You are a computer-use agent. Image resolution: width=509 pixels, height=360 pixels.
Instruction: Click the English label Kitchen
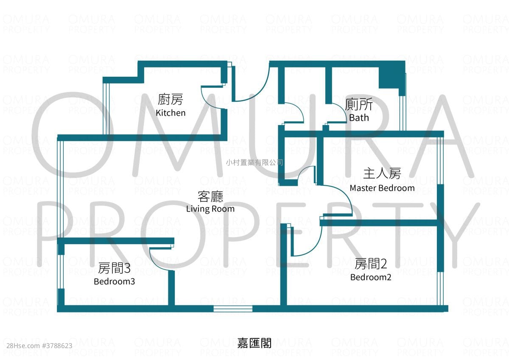pos(171,113)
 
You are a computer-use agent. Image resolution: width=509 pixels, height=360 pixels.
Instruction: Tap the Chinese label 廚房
pos(171,99)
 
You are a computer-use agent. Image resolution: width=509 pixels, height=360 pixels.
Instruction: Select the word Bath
pos(359,117)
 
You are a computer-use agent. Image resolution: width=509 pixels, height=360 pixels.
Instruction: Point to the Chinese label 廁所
pos(359,104)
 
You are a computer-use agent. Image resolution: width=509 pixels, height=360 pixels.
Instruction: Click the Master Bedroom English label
pos(382,188)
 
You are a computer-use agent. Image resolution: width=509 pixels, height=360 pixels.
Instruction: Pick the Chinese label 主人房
pos(382,173)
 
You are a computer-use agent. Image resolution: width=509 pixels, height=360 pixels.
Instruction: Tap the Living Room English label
pos(210,209)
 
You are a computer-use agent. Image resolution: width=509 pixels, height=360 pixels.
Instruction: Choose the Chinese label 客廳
pos(210,197)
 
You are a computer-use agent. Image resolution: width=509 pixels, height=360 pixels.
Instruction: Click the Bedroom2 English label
pos(371,277)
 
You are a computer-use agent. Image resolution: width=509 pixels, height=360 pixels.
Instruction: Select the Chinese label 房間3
pos(114,268)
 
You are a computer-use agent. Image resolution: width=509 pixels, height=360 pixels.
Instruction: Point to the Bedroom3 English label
pos(114,282)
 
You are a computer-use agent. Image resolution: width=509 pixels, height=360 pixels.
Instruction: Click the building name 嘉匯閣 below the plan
pos(254,343)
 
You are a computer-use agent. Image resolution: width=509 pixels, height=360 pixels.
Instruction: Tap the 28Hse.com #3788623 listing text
pos(39,346)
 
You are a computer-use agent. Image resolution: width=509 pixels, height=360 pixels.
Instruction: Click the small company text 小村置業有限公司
pos(255,162)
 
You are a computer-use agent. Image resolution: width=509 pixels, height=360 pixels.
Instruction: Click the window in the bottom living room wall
pos(233,309)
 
